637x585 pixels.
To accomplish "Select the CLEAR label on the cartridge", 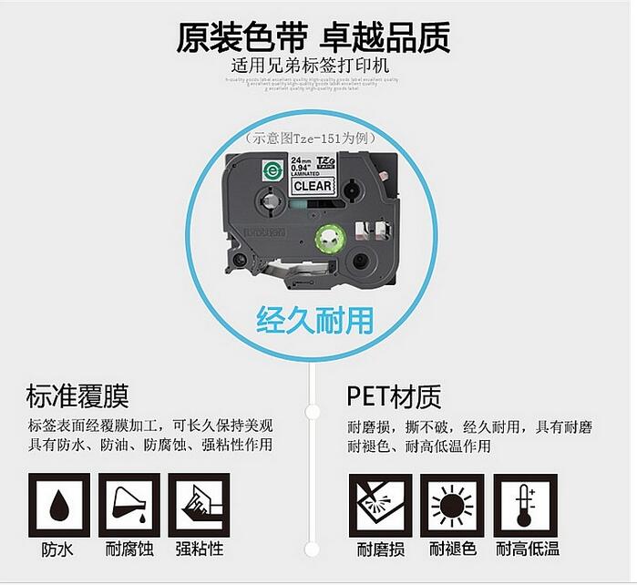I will pos(312,186).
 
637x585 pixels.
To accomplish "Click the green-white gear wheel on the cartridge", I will pos(328,241).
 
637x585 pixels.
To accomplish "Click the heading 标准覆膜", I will pos(78,396).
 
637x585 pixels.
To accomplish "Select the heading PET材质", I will pos(394,396).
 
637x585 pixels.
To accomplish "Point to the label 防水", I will pos(59,549).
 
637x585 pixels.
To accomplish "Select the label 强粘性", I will pos(199,549).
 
